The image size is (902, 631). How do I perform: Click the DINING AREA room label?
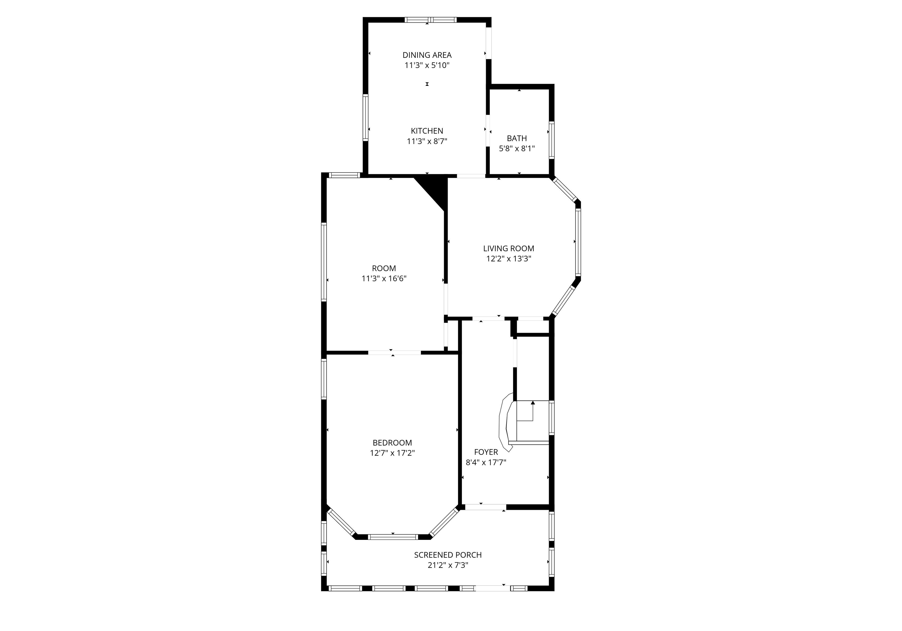pos(427,55)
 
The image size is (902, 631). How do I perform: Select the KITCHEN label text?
pos(427,131)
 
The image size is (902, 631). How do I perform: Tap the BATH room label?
pos(516,138)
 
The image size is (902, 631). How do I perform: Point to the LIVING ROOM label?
pos(509,248)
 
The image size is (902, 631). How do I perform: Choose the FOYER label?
pos(486,452)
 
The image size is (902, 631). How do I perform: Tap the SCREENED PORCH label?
pos(448,555)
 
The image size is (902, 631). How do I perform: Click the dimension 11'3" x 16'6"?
pos(384,279)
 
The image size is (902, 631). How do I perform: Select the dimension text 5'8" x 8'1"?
pos(516,149)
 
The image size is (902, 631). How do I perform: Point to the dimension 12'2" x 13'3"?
pos(509,259)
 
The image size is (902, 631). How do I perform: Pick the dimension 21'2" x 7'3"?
pos(448,565)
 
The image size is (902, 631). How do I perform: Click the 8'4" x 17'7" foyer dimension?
pos(486,462)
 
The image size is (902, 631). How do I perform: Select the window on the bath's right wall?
pos(552,140)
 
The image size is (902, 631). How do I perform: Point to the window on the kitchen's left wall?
pos(365,118)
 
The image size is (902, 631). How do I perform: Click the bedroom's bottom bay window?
pos(393,537)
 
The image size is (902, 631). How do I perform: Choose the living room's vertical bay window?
pos(578,242)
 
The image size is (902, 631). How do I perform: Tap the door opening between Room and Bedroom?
pos(394,353)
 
